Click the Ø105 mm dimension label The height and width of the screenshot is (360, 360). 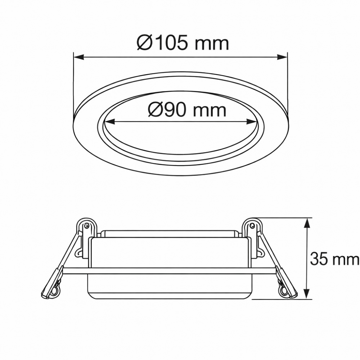[183, 44]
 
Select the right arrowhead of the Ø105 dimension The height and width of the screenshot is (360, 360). [282, 57]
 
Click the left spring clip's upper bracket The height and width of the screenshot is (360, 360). [87, 227]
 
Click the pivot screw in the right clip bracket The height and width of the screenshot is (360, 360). [252, 226]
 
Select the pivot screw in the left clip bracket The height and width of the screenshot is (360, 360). [86, 226]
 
